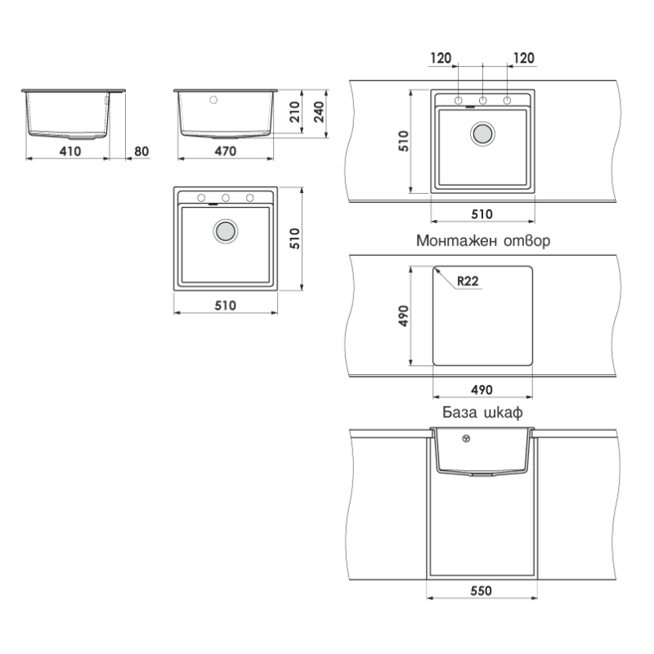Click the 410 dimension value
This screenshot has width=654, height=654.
point(70,151)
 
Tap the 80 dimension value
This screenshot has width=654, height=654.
point(141,151)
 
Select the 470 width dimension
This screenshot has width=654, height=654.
point(226,151)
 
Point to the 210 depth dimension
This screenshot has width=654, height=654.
point(295,112)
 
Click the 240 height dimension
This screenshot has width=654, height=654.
point(319,112)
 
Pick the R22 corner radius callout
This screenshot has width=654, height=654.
point(468,281)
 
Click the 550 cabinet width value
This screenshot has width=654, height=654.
point(482,590)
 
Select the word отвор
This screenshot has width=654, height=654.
point(527,241)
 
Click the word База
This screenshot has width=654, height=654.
point(459,412)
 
